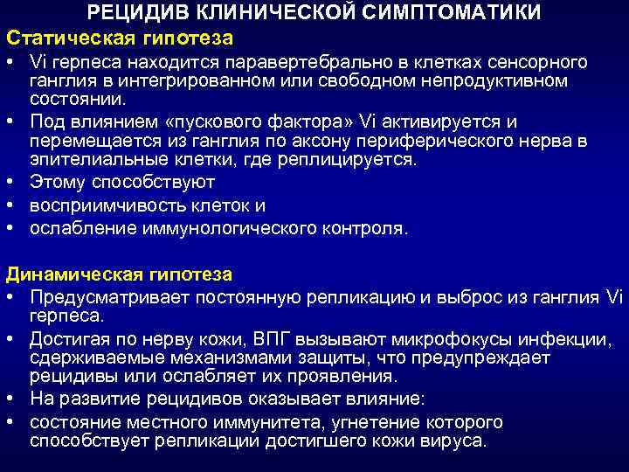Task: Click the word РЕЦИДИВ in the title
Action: tap(128, 12)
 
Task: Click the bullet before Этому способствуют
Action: tap(11, 183)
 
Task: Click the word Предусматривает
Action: tap(104, 296)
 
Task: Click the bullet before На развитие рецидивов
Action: tap(11, 399)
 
